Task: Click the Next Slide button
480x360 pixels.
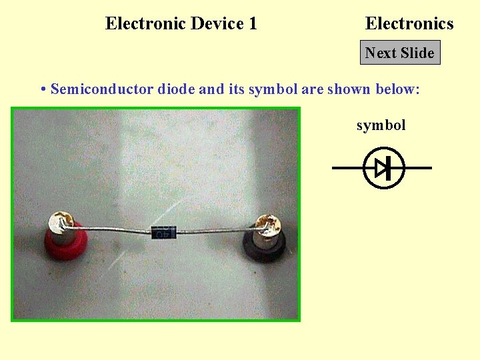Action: pos(400,53)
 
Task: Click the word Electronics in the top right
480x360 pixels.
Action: pos(409,24)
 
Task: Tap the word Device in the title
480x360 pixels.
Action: pos(218,24)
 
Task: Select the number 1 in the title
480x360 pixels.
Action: pos(253,24)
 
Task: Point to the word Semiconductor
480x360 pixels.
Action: pos(102,89)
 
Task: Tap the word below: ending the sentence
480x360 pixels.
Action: pos(397,89)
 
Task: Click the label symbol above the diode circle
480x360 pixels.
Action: pos(381,125)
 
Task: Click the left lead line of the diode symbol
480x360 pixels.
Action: pos(347,168)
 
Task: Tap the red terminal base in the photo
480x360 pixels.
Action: pos(63,243)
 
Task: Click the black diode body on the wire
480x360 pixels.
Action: pos(164,233)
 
